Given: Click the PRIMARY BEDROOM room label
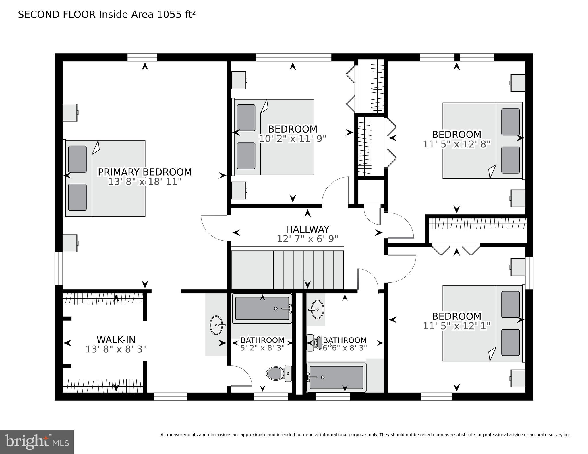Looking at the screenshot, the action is tap(145, 172).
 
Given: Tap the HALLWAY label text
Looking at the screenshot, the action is tap(307, 229).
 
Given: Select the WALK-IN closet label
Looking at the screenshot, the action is tap(116, 340).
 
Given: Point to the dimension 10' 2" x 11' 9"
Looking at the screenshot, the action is tap(293, 139).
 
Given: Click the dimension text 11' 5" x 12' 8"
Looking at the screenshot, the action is tap(457, 144).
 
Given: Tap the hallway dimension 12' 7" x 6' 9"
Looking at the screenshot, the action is tap(307, 239).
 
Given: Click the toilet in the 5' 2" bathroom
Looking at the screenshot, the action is tap(279, 373).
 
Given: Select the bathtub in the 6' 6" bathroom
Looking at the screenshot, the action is tap(336, 377).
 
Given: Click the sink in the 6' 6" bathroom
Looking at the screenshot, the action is tap(318, 309).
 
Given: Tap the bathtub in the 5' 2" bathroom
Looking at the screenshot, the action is tap(262, 309).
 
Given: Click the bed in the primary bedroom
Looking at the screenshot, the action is tap(104, 178).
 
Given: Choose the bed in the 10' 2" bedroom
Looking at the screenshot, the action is tap(273, 137).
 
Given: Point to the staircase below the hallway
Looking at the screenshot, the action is tap(288, 270).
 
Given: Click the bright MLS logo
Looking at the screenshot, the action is tap(37, 442).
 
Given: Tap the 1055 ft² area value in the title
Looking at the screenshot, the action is tap(176, 14).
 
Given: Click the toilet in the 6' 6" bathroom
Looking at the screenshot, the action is tap(315, 343).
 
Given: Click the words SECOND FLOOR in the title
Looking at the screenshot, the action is tap(57, 15).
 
